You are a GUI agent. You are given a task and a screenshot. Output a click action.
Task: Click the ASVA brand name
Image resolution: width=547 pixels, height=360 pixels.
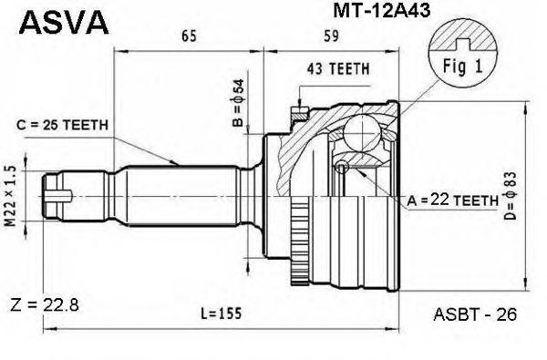[64, 22]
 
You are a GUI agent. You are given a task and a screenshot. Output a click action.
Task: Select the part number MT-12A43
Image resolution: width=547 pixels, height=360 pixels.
[382, 10]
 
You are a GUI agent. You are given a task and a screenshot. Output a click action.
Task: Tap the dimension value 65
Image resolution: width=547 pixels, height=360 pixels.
[189, 36]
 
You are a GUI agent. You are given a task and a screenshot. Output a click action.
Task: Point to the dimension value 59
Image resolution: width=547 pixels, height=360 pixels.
[331, 36]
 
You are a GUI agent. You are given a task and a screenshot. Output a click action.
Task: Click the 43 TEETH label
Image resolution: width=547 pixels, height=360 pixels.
[338, 69]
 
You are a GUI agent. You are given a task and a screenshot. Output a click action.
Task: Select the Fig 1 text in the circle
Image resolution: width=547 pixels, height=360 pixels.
[463, 66]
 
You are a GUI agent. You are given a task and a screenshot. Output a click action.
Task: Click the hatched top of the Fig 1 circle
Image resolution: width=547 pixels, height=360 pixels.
[463, 35]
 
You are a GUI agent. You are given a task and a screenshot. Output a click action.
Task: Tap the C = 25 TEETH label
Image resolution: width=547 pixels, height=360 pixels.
[62, 125]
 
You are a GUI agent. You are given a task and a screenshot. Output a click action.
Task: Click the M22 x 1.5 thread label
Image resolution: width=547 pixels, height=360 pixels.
[11, 196]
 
